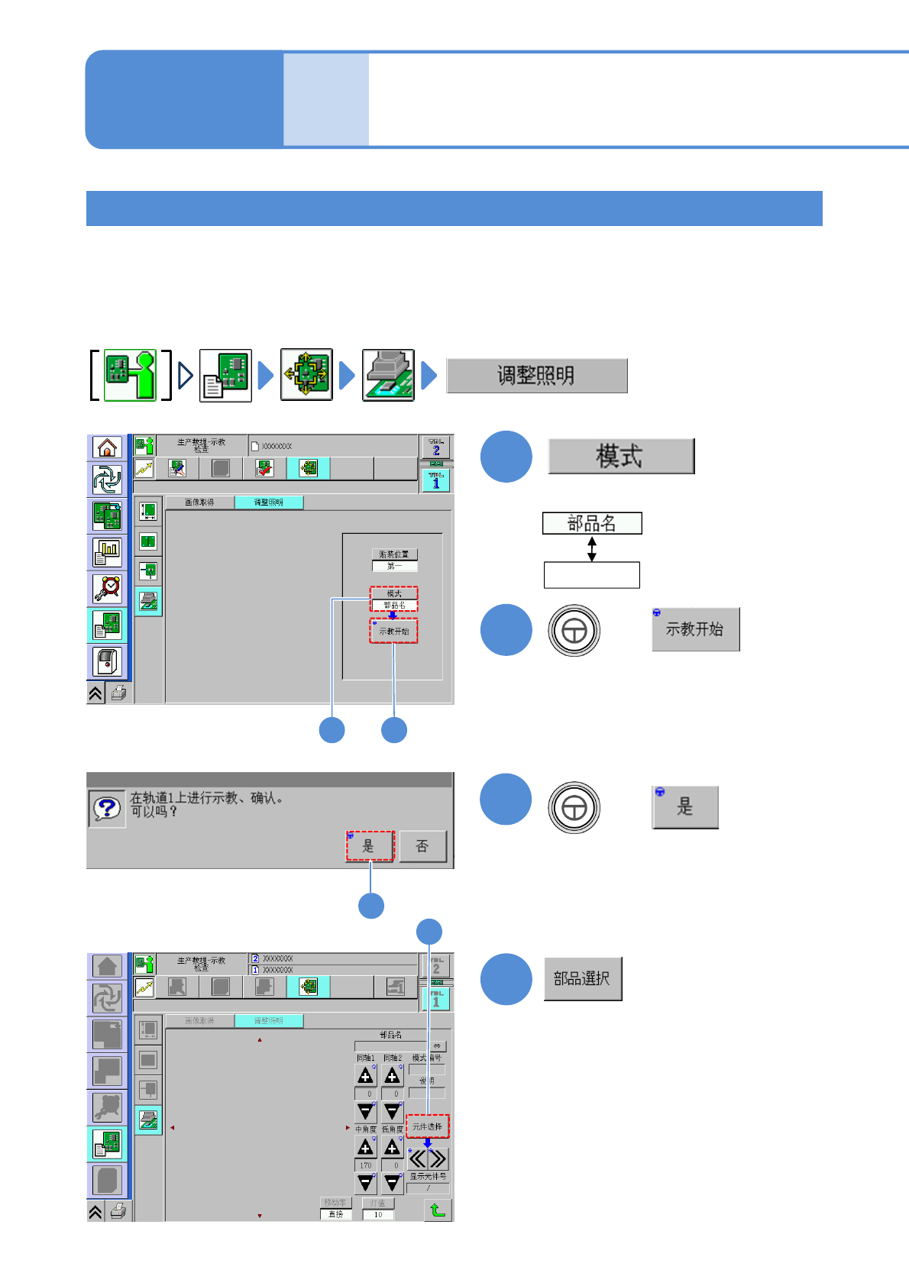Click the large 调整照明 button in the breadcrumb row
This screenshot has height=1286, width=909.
pyautogui.click(x=536, y=376)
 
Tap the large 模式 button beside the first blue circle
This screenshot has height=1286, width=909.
pyautogui.click(x=620, y=456)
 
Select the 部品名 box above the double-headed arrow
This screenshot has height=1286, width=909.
pyautogui.click(x=592, y=523)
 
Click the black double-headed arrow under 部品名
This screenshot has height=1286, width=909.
pyautogui.click(x=592, y=548)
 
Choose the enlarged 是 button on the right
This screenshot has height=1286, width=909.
pyautogui.click(x=685, y=807)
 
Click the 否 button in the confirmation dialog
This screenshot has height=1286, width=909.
pyautogui.click(x=422, y=846)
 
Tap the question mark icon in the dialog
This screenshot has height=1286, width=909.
pyautogui.click(x=107, y=809)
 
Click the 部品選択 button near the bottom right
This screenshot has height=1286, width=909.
pyautogui.click(x=583, y=979)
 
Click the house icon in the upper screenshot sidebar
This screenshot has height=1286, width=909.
pyautogui.click(x=108, y=448)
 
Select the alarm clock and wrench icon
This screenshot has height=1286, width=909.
pyautogui.click(x=108, y=588)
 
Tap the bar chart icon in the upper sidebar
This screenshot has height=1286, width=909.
pyautogui.click(x=108, y=551)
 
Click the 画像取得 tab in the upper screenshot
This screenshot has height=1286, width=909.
pyautogui.click(x=199, y=502)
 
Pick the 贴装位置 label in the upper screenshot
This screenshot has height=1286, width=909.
pyautogui.click(x=395, y=554)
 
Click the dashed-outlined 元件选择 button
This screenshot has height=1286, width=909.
pyautogui.click(x=428, y=1126)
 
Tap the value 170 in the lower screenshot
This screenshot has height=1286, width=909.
pyautogui.click(x=366, y=1166)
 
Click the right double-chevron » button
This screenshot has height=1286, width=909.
pyautogui.click(x=438, y=1159)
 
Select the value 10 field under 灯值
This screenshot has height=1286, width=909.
pyautogui.click(x=378, y=1215)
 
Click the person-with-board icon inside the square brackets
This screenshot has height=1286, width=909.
pyautogui.click(x=130, y=375)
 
